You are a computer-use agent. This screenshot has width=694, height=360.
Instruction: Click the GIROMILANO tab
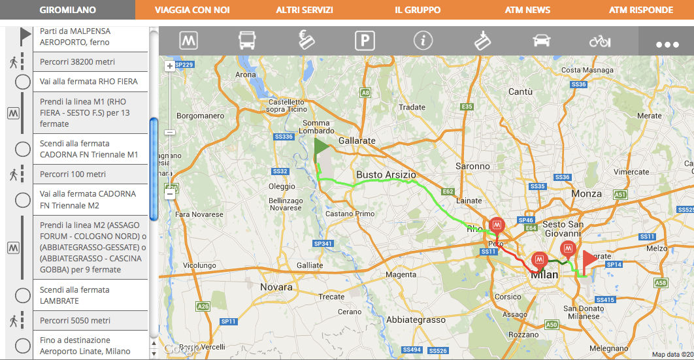click(x=67, y=10)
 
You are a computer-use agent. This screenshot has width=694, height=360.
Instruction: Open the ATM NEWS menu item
click(x=527, y=10)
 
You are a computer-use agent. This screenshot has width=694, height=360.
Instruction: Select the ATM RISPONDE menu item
click(x=640, y=10)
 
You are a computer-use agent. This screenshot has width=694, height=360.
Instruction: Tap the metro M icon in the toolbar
click(x=189, y=41)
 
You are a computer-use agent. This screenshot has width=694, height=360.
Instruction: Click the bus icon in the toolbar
click(x=247, y=41)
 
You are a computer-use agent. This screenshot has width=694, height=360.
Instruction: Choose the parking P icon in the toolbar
click(x=365, y=41)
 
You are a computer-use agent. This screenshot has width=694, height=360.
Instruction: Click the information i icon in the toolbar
click(x=423, y=41)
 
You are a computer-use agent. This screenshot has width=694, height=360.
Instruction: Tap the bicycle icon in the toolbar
click(x=599, y=41)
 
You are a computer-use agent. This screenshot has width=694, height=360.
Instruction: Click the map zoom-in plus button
click(x=170, y=66)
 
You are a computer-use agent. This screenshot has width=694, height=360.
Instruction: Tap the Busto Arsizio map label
click(x=386, y=174)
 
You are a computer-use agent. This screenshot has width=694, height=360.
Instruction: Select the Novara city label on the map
click(x=276, y=287)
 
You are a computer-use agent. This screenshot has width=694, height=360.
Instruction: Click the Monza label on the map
click(x=586, y=193)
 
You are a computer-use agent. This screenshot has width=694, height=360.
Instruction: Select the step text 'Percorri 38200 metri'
click(x=77, y=62)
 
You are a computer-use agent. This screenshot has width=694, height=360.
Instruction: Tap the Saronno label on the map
click(x=472, y=166)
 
